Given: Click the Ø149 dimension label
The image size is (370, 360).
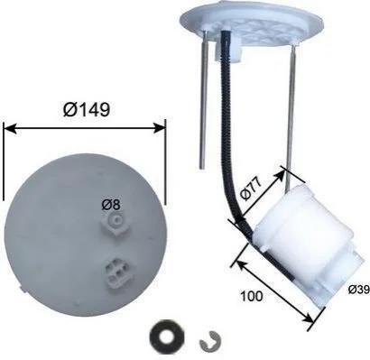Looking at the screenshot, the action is pyautogui.click(x=87, y=109).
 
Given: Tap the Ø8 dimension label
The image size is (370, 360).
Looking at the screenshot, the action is pyautogui.click(x=111, y=205).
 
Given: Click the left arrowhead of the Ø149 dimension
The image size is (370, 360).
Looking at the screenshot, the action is pyautogui.click(x=9, y=128).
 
